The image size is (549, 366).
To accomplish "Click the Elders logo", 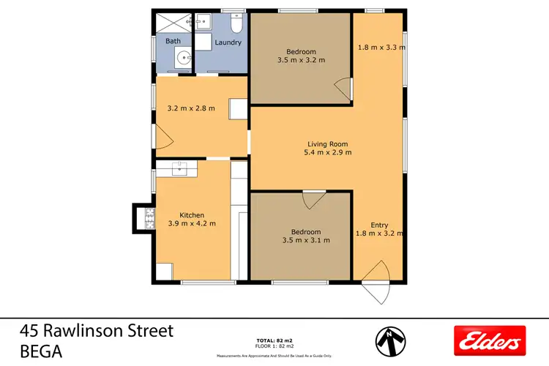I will [490, 340].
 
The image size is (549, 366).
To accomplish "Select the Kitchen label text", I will [192, 214].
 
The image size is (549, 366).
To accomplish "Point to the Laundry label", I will [228, 42].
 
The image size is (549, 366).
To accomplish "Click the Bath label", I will [173, 41].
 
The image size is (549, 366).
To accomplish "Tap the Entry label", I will [379, 225].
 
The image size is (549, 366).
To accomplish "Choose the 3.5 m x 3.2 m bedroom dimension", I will [301, 61].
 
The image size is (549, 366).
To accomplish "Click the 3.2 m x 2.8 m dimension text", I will [186, 108].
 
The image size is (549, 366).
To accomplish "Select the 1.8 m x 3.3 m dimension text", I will [381, 48].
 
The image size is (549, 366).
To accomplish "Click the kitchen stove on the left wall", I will [149, 217].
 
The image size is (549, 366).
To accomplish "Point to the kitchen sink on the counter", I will [181, 170].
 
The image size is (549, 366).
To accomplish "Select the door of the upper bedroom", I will [342, 90].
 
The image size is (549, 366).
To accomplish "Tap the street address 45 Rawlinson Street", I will [97, 330].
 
